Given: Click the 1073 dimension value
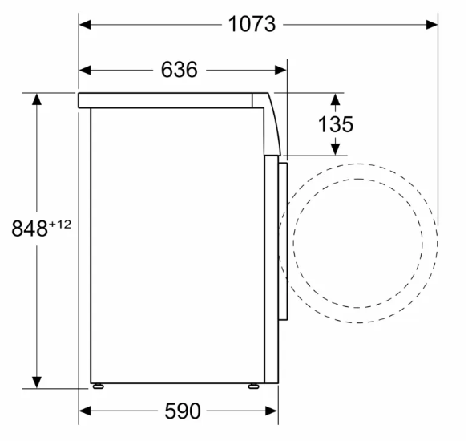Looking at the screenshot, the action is (252, 24).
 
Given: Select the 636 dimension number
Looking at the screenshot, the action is (180, 70).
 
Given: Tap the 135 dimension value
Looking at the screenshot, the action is (336, 124).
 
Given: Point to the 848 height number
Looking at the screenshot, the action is (30, 228).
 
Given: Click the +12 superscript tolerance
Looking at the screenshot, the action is (60, 225).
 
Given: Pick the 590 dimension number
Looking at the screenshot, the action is (183, 411).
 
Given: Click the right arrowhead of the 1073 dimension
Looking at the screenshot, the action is (432, 25).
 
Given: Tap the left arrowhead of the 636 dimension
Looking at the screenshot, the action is (85, 71).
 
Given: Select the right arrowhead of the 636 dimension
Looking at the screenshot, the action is (280, 71).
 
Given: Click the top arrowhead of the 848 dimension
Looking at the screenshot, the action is (37, 99).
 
